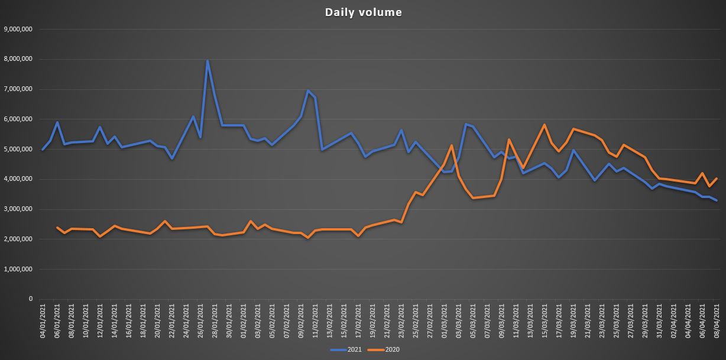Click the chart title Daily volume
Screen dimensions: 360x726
tap(363, 12)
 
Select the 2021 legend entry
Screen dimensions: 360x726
tap(349, 350)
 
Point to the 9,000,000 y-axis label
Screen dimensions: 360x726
tap(18, 29)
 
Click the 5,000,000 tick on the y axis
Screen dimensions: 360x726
tap(18, 149)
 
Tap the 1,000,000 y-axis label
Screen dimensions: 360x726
tap(18, 269)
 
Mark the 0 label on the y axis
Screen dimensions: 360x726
tap(30, 299)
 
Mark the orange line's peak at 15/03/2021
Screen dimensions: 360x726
tap(544, 125)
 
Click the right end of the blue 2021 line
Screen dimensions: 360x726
tap(717, 200)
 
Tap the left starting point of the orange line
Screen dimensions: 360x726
tap(57, 227)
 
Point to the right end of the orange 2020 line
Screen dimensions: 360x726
tap(717, 178)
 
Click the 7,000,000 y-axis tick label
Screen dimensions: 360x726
tap(18, 89)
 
